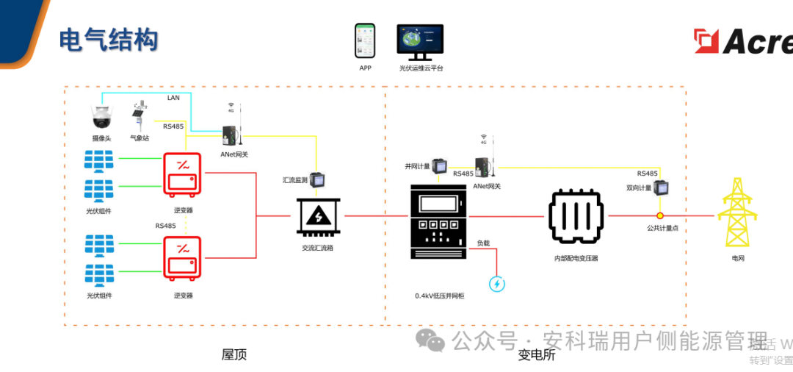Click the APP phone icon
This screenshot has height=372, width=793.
click(x=365, y=41)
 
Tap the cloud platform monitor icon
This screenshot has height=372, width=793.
click(x=420, y=41)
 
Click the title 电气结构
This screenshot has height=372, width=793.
click(x=109, y=40)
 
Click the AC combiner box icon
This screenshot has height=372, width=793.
click(x=318, y=217)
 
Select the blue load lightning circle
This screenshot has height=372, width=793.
click(x=497, y=283)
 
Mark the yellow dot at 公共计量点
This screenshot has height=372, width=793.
click(x=660, y=215)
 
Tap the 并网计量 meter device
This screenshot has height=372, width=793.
click(x=439, y=167)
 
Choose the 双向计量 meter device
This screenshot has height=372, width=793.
click(x=662, y=188)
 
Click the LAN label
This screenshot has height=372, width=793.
click(x=173, y=98)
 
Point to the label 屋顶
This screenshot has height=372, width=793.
click(x=234, y=354)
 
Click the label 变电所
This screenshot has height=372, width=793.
click(x=537, y=355)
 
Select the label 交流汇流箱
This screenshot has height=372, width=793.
click(x=317, y=248)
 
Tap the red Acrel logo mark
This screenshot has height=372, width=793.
click(x=706, y=40)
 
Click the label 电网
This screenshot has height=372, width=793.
click(x=737, y=259)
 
